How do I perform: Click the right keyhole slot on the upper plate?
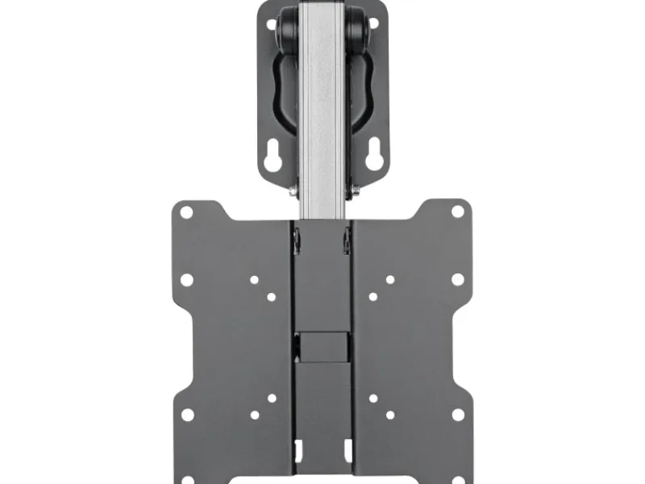[373, 157]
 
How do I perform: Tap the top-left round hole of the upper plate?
[271, 24]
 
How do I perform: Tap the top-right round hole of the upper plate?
[373, 24]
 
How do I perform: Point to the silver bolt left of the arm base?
[291, 191]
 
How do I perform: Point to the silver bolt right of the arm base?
[353, 191]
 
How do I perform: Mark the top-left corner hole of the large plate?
[186, 213]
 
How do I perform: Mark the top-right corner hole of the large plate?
[458, 211]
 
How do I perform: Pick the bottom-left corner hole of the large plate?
[187, 415]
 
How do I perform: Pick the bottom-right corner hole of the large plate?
[458, 415]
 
